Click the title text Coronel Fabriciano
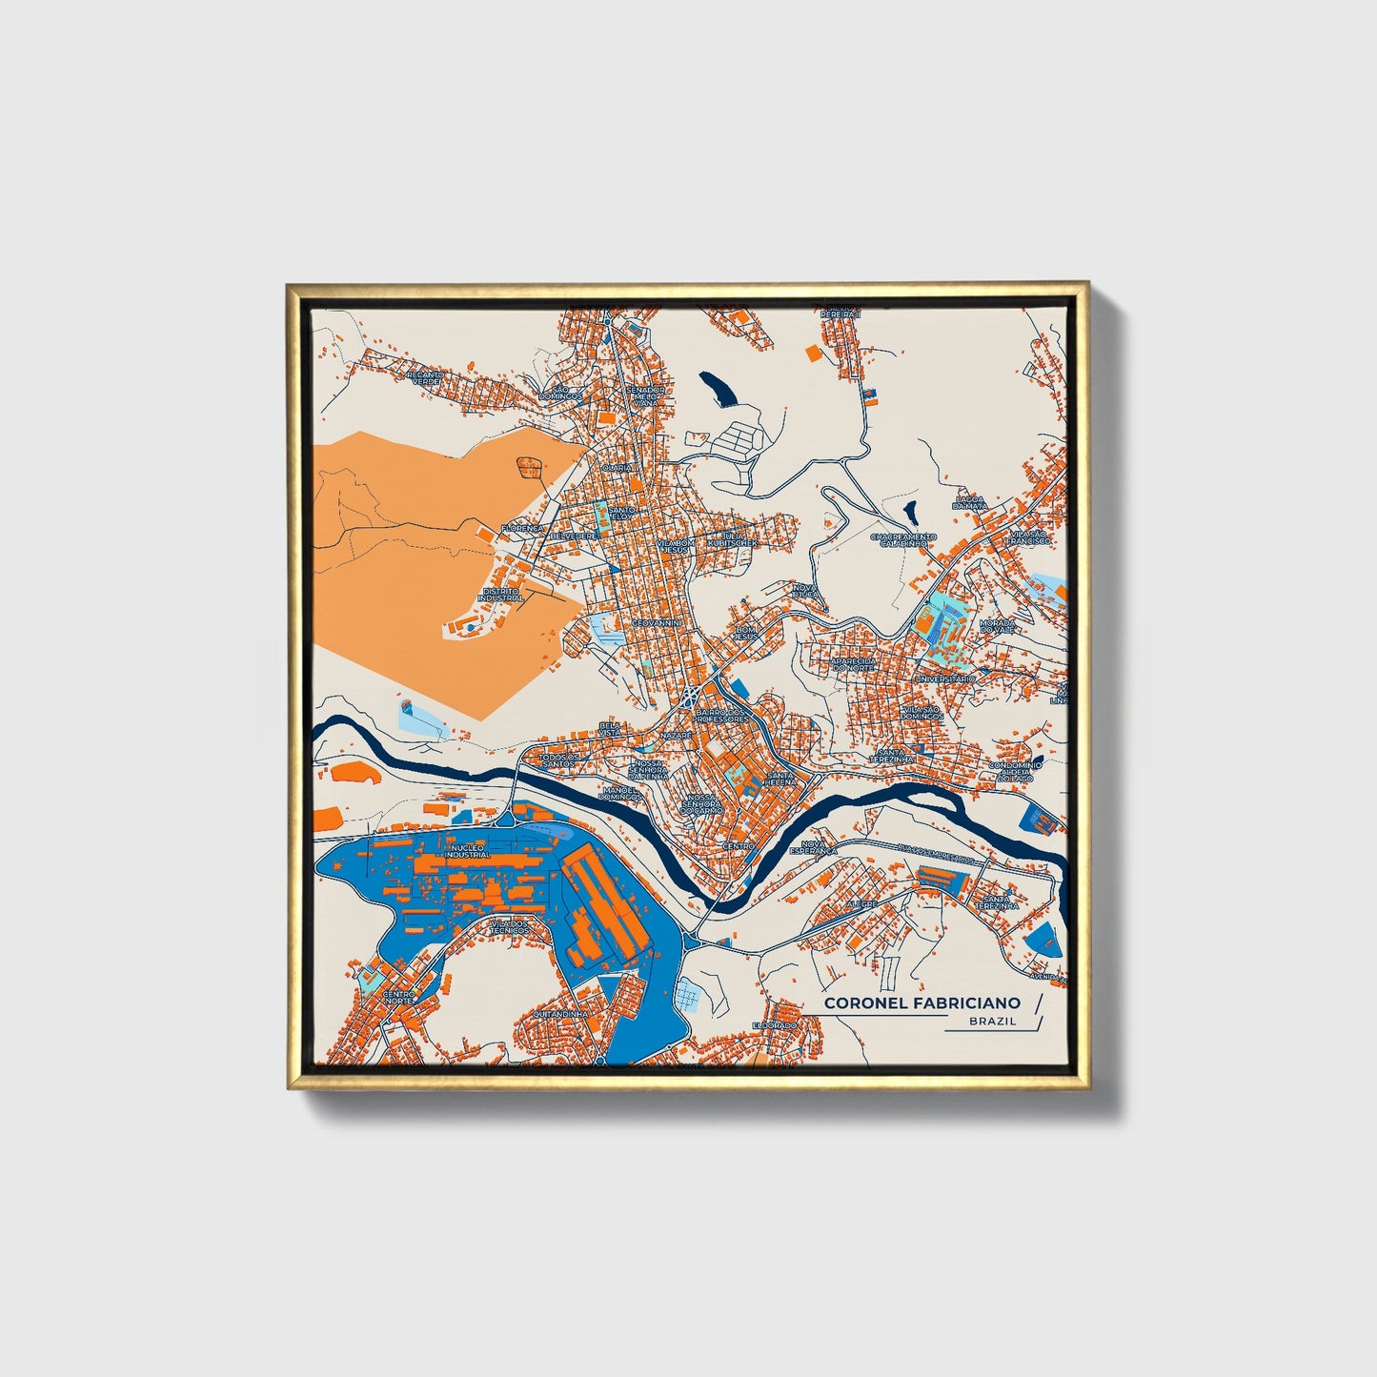pyautogui.click(x=921, y=1002)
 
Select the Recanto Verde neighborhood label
pyautogui.click(x=425, y=377)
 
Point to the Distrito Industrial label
pyautogui.click(x=503, y=594)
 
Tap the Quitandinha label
pyautogui.click(x=561, y=1014)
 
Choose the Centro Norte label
pyautogui.click(x=399, y=997)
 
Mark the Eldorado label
pyautogui.click(x=774, y=1023)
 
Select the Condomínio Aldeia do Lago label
pyautogui.click(x=1016, y=771)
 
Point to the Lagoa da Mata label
pyautogui.click(x=972, y=502)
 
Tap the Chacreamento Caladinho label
pyautogui.click(x=903, y=539)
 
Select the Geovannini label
pyautogui.click(x=658, y=622)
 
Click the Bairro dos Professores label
pyautogui.click(x=722, y=714)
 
